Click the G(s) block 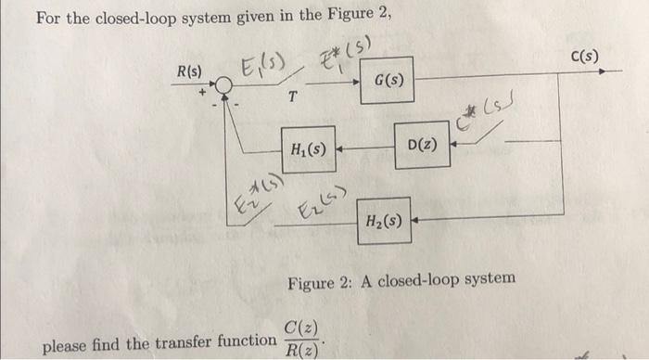click(x=390, y=81)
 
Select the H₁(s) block click(x=307, y=147)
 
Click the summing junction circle click(x=223, y=84)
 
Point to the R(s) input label click(x=191, y=69)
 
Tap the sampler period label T click(x=292, y=96)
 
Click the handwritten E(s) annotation click(x=263, y=65)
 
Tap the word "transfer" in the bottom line click(x=186, y=344)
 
